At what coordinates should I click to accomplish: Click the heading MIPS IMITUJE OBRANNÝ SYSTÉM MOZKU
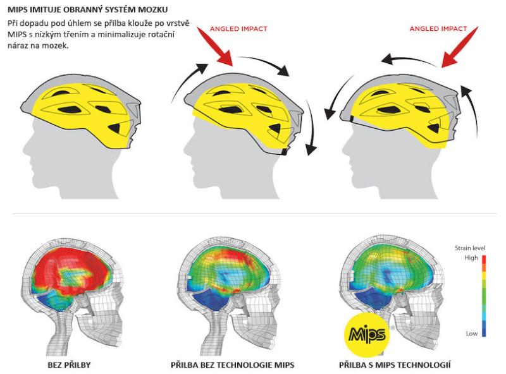pos(87,9)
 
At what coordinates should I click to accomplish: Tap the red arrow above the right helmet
pos(460,47)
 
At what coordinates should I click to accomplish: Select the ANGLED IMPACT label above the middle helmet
pos(238,28)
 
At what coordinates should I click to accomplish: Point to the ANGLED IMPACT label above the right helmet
pos(438,28)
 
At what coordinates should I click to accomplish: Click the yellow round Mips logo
pos(367,335)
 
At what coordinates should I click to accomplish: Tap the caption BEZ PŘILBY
pos(69,365)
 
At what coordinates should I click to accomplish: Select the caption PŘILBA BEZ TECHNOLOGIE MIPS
pos(232,365)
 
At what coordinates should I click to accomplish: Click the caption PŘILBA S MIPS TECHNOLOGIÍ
pos(395,365)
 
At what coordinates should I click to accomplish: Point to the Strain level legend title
pos(470,248)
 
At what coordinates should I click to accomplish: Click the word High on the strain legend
pos(471,258)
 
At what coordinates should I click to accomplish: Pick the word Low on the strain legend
pos(471,334)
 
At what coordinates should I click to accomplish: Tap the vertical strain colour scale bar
pos(484,296)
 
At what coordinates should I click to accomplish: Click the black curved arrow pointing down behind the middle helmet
pos(310,128)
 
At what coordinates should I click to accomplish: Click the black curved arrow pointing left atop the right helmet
pos(407,59)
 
